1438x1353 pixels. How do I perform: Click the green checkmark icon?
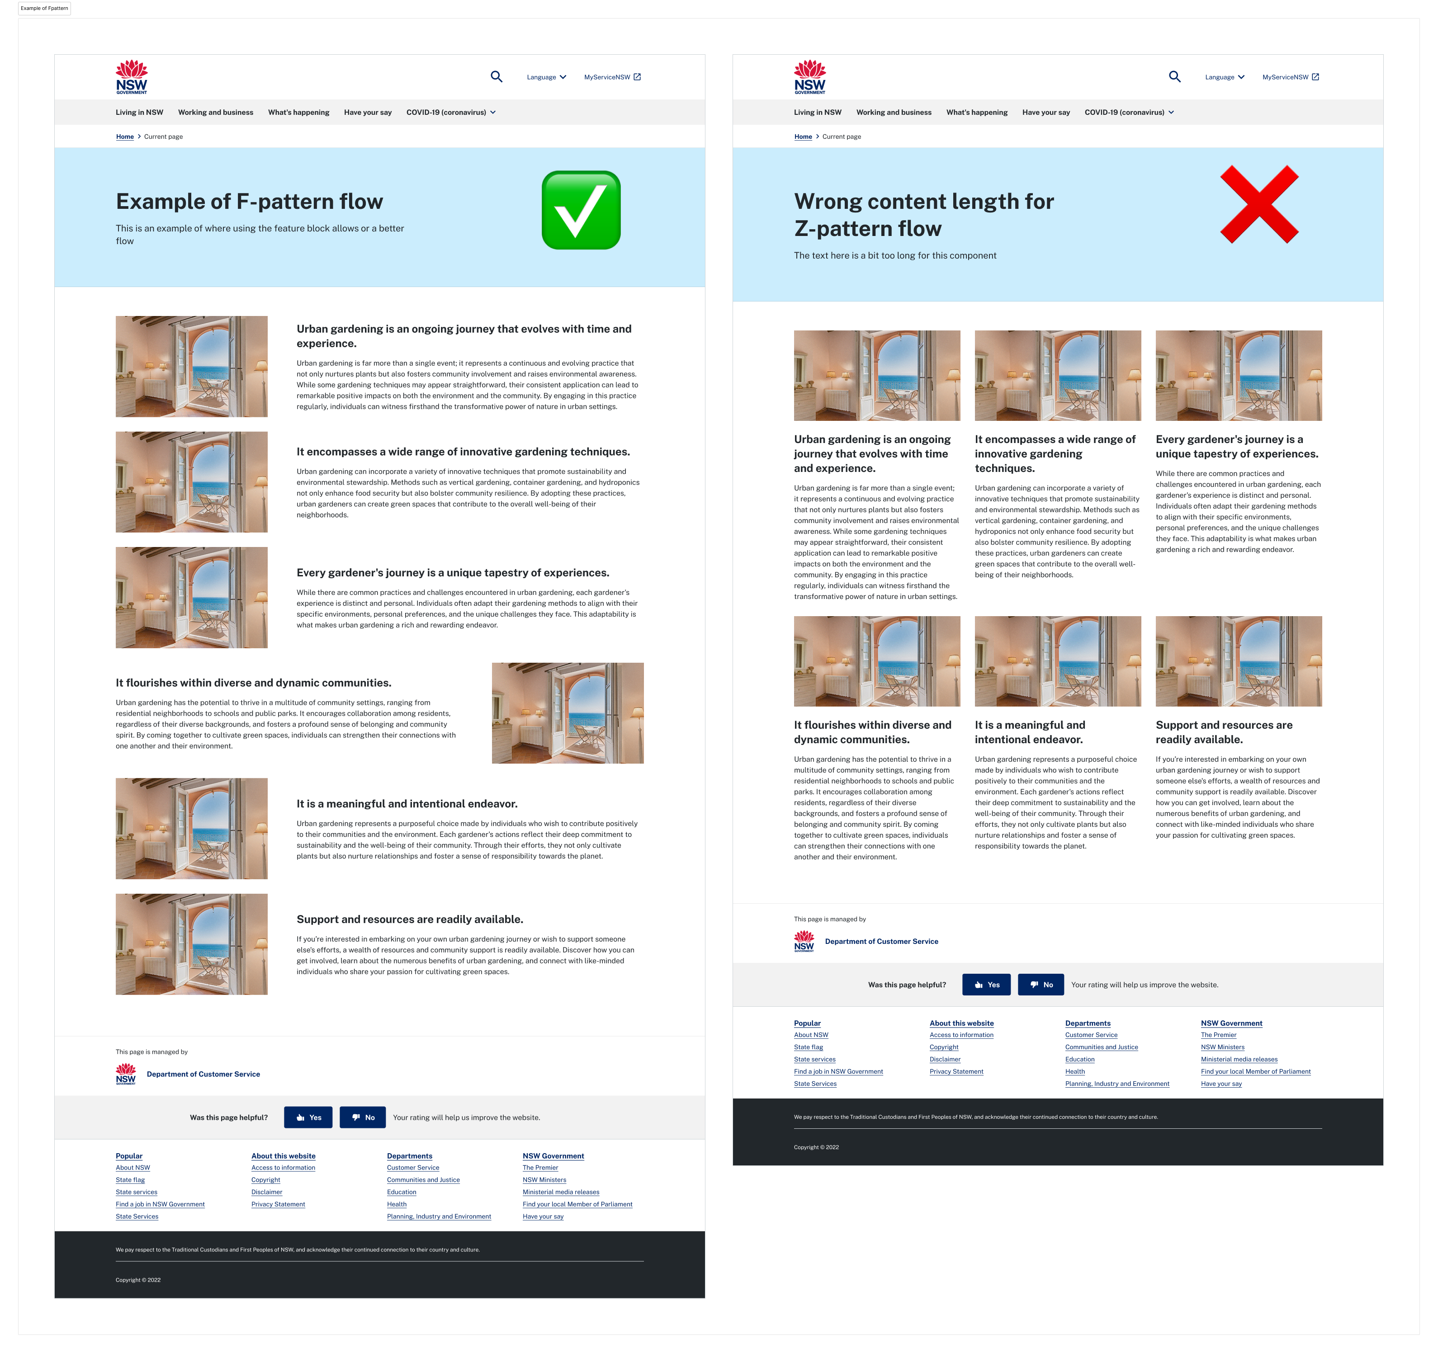[581, 211]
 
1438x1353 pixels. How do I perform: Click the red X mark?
[1259, 204]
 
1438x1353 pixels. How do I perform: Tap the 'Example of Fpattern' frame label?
[44, 9]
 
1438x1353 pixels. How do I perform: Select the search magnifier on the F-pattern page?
[496, 77]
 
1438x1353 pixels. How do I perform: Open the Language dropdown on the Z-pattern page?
[1225, 77]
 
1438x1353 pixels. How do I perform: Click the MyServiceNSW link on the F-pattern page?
[612, 77]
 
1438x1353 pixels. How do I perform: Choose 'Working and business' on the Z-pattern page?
[894, 112]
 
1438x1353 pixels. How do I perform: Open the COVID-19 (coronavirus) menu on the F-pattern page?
[451, 112]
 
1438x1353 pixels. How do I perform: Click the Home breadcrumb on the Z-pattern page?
[803, 137]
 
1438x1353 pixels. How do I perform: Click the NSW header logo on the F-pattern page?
[132, 77]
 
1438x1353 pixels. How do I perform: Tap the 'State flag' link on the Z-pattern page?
[808, 1047]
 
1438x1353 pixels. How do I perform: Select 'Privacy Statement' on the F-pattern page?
[278, 1204]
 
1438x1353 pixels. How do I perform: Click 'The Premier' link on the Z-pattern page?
[1218, 1035]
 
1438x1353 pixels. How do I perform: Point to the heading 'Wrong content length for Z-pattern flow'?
[924, 215]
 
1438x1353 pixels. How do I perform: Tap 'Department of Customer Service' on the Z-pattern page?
[881, 942]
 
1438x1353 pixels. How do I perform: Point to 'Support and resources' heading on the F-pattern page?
[409, 919]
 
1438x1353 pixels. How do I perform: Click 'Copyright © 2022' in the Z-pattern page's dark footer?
[816, 1147]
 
